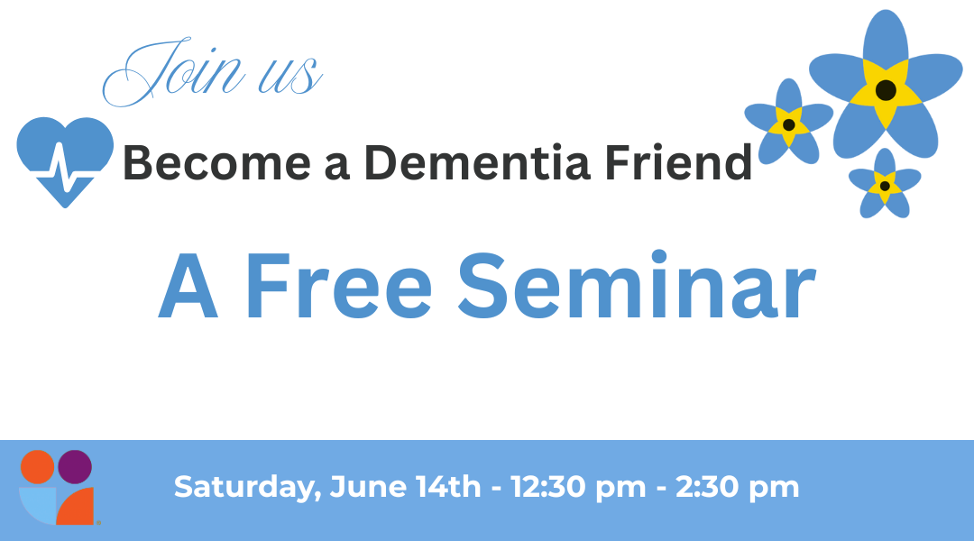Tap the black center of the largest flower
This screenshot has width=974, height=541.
(886, 90)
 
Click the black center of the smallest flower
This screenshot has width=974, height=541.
(885, 186)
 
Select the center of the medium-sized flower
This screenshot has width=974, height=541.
(789, 124)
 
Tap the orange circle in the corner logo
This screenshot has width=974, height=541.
(39, 467)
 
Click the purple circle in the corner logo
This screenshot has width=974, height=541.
(76, 466)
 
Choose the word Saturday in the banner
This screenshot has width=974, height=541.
(243, 488)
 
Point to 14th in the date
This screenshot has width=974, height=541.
(447, 488)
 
